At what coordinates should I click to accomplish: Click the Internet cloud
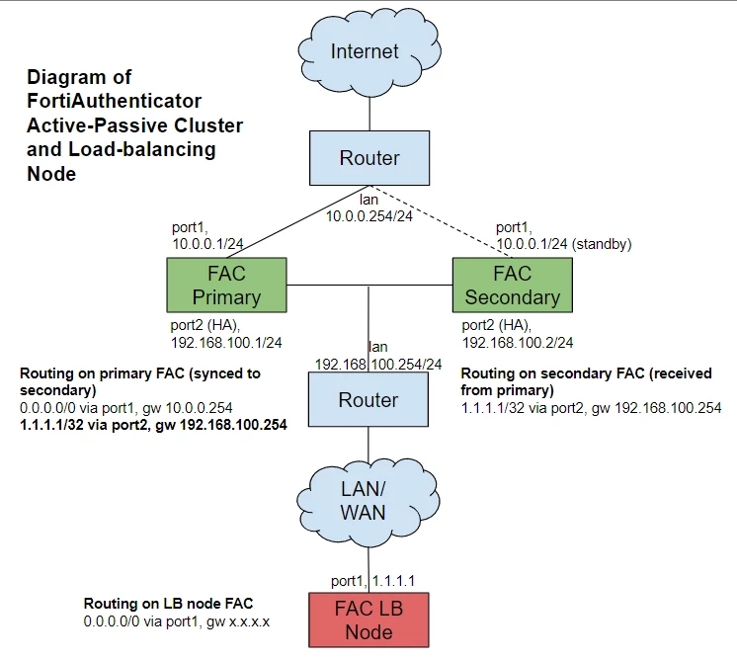(x=368, y=52)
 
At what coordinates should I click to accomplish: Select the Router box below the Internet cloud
(x=369, y=158)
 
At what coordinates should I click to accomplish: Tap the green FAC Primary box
(x=226, y=285)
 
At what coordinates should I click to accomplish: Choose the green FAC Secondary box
(x=513, y=285)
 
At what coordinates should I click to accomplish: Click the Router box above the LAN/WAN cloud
(x=368, y=399)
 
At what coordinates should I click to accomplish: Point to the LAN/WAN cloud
(x=368, y=502)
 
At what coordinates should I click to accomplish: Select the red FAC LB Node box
(x=368, y=620)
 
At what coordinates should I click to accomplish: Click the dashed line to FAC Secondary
(x=441, y=221)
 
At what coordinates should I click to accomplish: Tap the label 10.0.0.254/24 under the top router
(x=369, y=216)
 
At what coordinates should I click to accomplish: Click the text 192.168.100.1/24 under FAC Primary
(x=226, y=343)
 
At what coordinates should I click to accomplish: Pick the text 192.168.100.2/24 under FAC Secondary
(x=518, y=343)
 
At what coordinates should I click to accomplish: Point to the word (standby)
(x=602, y=244)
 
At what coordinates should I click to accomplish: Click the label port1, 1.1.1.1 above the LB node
(x=372, y=581)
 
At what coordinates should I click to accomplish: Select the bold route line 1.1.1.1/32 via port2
(x=153, y=425)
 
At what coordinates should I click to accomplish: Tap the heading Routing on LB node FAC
(x=168, y=603)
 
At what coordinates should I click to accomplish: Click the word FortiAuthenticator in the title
(x=115, y=101)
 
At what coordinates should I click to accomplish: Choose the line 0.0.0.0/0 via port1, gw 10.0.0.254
(x=126, y=408)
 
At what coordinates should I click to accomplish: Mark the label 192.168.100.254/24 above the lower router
(x=378, y=365)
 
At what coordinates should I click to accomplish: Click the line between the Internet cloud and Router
(x=369, y=114)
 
